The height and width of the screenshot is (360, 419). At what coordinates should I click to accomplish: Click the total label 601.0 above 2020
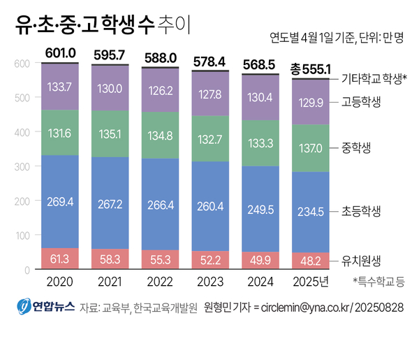coord(60,52)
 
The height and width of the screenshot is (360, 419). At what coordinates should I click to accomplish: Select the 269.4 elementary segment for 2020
coord(60,202)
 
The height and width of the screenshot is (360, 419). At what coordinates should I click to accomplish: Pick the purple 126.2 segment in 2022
coord(160,90)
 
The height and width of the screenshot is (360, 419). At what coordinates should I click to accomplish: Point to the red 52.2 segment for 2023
coord(210,260)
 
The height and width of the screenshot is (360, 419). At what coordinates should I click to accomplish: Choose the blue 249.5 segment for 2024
coord(260,209)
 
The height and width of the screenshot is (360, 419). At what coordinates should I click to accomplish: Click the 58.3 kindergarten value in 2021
coord(110,259)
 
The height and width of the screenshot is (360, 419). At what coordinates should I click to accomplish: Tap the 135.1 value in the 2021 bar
coord(110,134)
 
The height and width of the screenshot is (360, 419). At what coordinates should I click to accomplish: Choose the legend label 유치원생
coord(361,259)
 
